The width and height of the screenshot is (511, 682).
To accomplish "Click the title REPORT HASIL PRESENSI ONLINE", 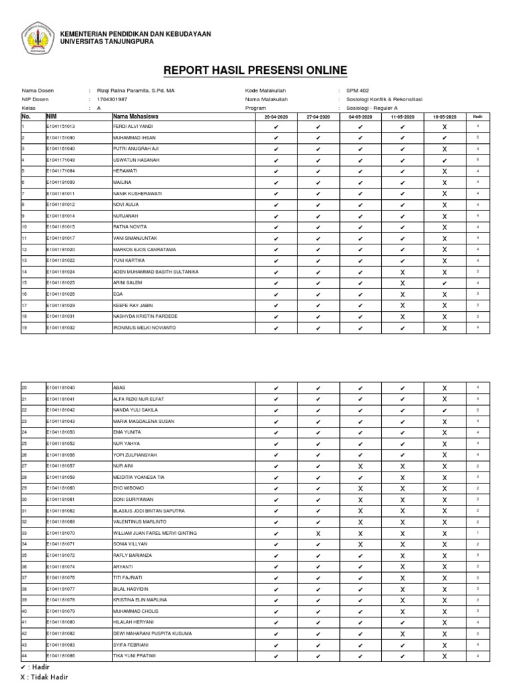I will click(255, 71).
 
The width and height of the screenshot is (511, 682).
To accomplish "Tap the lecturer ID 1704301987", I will click(112, 99).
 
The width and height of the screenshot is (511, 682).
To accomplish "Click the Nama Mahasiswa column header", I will click(136, 116).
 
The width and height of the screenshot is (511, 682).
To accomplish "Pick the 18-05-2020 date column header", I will click(444, 117).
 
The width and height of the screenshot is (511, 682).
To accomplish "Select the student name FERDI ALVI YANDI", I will click(133, 126).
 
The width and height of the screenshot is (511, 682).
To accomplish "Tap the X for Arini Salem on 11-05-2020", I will click(403, 283).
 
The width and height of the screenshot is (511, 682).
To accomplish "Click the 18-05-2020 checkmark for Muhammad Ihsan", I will click(444, 137).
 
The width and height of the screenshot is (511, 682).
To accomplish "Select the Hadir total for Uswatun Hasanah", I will click(478, 160).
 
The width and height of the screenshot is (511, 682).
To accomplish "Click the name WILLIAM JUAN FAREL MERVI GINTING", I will click(155, 533).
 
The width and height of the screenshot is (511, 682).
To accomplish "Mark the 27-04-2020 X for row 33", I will click(318, 533).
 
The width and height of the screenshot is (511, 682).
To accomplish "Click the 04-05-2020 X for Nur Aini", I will click(360, 466).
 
